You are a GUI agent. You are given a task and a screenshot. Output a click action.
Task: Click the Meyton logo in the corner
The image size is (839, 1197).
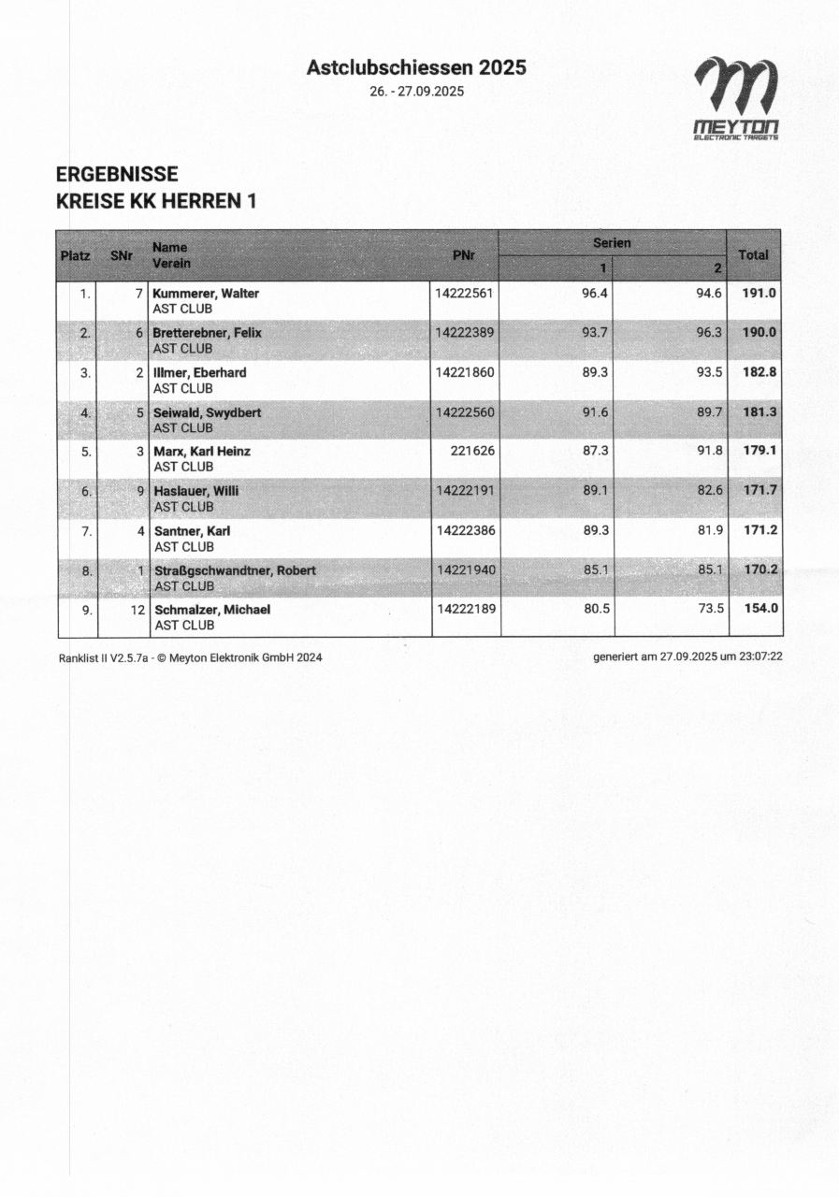click(736, 98)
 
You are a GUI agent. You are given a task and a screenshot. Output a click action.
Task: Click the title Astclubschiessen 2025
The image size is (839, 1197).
click(416, 67)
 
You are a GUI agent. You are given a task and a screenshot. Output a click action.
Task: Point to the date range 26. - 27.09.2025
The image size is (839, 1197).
click(417, 92)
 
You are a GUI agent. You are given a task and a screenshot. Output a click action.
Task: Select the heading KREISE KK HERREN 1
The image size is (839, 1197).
click(156, 200)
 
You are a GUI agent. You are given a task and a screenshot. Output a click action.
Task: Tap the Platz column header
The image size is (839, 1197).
click(76, 255)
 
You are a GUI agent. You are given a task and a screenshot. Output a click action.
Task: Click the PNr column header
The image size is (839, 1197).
click(463, 255)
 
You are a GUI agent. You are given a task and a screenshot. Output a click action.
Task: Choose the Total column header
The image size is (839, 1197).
click(753, 254)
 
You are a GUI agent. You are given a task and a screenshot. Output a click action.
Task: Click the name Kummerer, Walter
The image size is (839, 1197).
click(206, 294)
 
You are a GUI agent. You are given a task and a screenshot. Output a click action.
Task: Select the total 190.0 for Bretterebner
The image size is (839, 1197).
click(759, 333)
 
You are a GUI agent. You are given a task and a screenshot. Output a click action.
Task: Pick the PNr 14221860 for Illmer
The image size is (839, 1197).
click(465, 372)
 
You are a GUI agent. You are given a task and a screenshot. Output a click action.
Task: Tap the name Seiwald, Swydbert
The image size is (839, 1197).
click(207, 411)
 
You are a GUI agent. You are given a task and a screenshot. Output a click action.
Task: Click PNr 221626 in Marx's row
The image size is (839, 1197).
click(472, 451)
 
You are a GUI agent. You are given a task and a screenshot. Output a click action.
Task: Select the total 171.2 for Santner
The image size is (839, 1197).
click(759, 530)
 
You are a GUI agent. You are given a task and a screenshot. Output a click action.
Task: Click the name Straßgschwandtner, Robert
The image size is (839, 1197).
click(235, 570)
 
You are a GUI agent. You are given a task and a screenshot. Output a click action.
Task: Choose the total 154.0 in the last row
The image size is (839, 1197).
click(759, 609)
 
